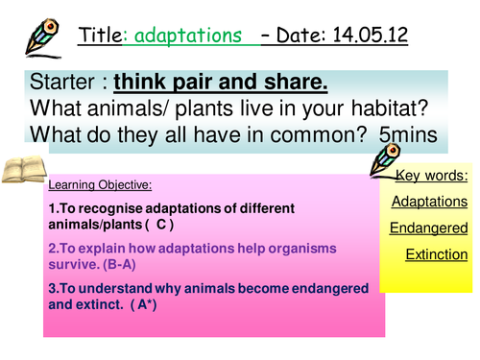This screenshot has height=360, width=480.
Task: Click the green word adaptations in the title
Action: coord(186,36)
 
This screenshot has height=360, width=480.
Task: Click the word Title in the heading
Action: coord(99,36)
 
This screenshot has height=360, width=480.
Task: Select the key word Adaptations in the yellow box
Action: coord(428,202)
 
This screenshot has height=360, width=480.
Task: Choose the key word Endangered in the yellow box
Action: coord(428,228)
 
